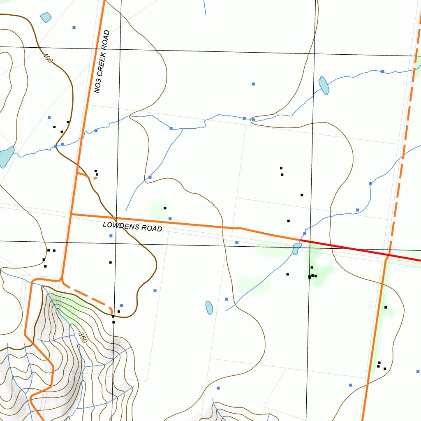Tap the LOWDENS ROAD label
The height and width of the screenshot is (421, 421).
pyautogui.click(x=132, y=226)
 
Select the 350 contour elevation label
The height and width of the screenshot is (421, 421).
pyautogui.click(x=82, y=337)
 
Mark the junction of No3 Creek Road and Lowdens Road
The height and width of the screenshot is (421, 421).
pyautogui.click(x=72, y=214)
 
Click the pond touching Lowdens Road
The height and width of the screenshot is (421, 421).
pyautogui.click(x=296, y=248)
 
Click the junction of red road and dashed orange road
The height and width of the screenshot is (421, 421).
pyautogui.click(x=389, y=255)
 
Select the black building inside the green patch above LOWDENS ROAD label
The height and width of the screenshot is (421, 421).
pyautogui.click(x=165, y=208)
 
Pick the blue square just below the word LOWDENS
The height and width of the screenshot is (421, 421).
pyautogui.click(x=111, y=236)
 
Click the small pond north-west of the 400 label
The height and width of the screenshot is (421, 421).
pyautogui.click(x=46, y=17)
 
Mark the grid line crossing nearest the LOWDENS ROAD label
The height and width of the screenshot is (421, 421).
pyautogui.click(x=116, y=243)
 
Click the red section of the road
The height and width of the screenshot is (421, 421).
pyautogui.click(x=362, y=250)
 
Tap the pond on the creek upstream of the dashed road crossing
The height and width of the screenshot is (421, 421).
pyautogui.click(x=324, y=85)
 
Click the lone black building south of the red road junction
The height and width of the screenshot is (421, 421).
pyautogui.click(x=386, y=307)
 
